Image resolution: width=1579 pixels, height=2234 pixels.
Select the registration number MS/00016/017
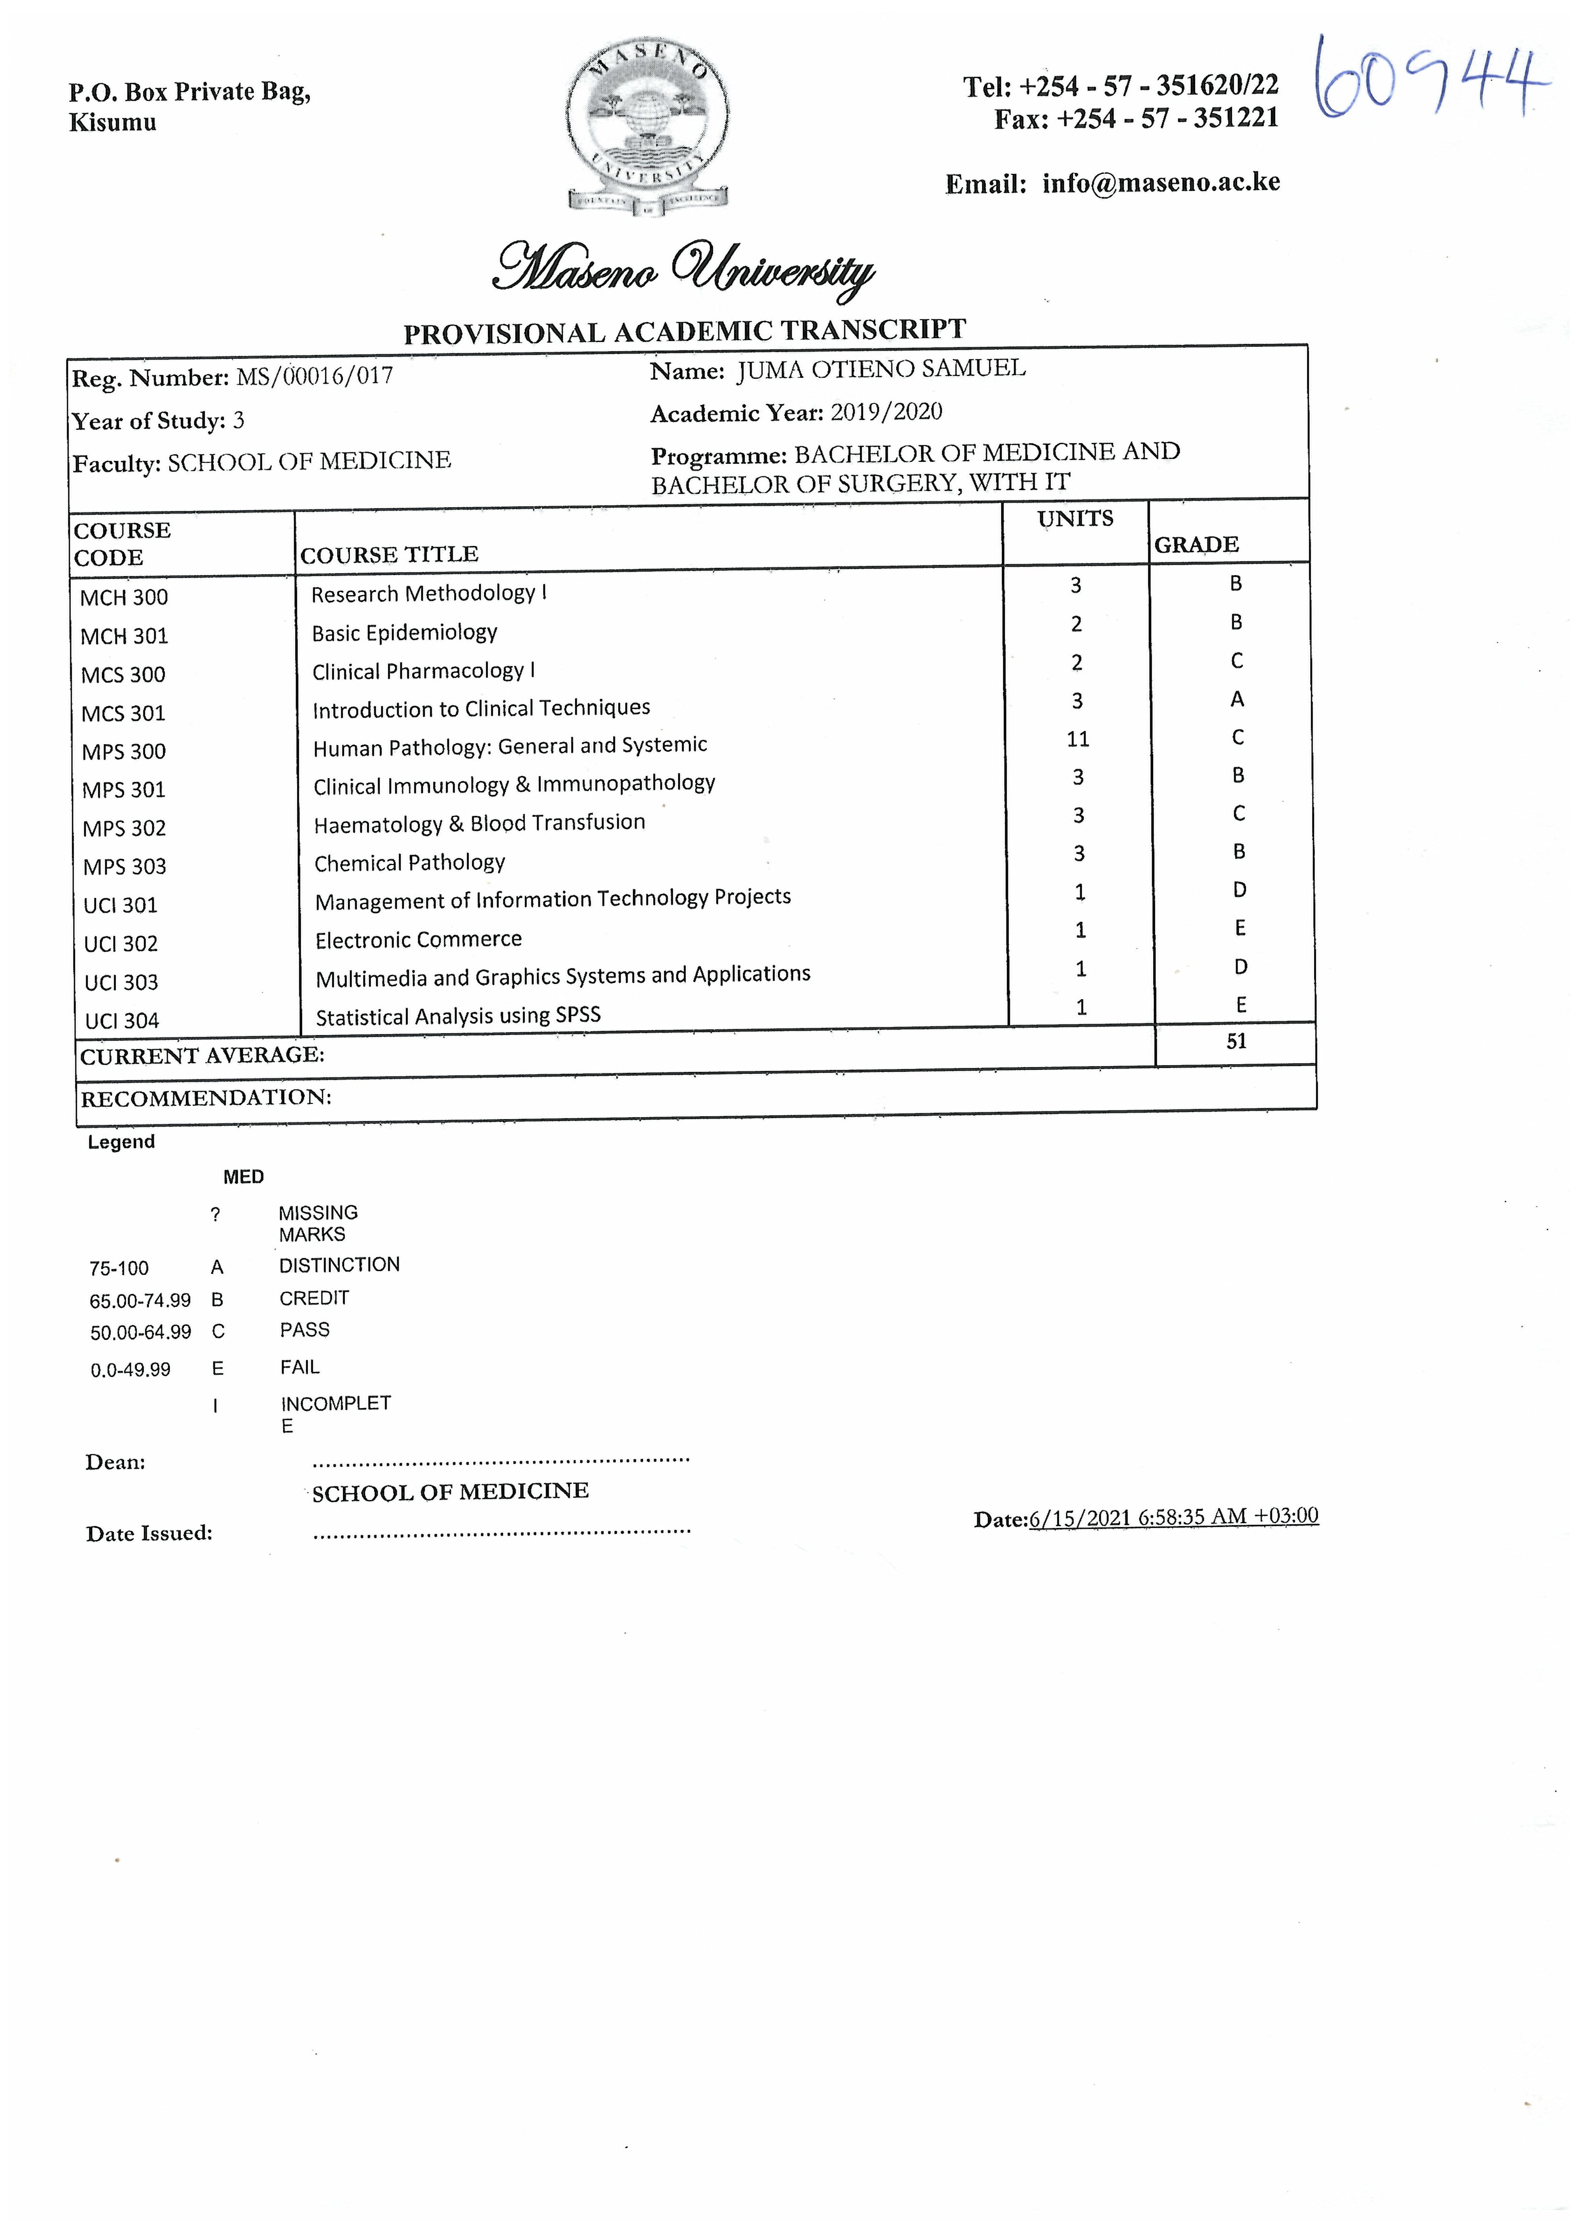pyautogui.click(x=314, y=376)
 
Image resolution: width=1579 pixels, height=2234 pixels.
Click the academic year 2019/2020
pyautogui.click(x=886, y=412)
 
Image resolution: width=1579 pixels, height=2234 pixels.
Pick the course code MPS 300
pyautogui.click(x=124, y=751)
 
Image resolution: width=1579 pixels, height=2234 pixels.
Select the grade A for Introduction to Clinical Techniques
pyautogui.click(x=1237, y=699)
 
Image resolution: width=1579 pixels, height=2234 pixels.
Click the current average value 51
pyautogui.click(x=1236, y=1041)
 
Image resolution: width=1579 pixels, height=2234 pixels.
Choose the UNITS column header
pyautogui.click(x=1075, y=519)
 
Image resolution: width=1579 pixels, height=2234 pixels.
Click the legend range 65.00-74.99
pyautogui.click(x=140, y=1300)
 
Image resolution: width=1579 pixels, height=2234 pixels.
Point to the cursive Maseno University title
pyautogui.click(x=684, y=267)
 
